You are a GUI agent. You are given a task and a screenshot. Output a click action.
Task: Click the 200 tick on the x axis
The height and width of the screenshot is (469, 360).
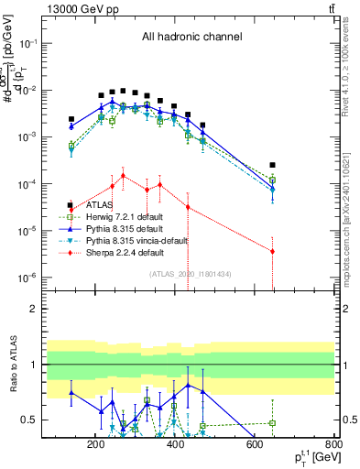click(95, 445)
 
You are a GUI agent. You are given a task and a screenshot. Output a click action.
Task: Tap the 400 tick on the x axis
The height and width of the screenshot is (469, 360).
click(175, 445)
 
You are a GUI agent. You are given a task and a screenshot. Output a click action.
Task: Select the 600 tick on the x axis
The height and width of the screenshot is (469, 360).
click(255, 445)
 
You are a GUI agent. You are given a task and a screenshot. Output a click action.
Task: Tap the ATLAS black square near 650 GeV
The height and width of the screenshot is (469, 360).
click(272, 166)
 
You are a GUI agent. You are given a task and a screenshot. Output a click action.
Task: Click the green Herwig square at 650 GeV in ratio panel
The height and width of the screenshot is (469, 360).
click(272, 423)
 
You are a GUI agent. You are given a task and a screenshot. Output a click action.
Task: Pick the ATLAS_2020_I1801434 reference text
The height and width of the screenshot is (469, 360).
click(191, 273)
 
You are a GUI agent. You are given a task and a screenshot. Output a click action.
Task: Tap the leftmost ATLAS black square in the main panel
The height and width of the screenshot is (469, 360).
click(71, 119)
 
